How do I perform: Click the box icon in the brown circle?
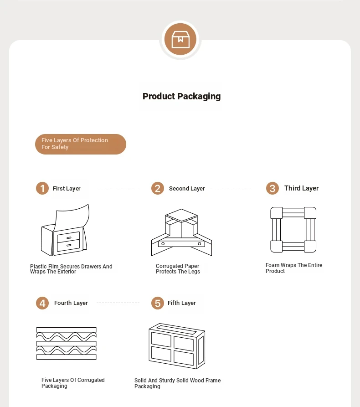click(x=180, y=39)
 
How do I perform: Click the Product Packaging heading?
click(x=182, y=96)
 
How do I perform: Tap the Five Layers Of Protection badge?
click(x=81, y=144)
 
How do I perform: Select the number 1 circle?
click(x=42, y=188)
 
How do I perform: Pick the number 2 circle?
click(x=158, y=188)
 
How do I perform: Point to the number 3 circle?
click(x=272, y=188)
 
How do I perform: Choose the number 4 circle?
click(x=42, y=303)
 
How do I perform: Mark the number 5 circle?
click(x=158, y=303)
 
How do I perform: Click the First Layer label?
click(x=67, y=189)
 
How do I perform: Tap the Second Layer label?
click(x=187, y=189)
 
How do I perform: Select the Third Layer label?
click(x=301, y=188)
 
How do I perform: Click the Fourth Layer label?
click(x=71, y=303)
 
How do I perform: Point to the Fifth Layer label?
click(x=182, y=303)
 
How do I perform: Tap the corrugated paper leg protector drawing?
click(x=181, y=232)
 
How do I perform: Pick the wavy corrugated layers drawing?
click(x=67, y=343)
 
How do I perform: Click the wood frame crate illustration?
click(x=177, y=346)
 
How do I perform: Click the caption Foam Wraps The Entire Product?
click(x=294, y=268)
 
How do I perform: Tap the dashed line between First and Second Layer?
click(x=118, y=188)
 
